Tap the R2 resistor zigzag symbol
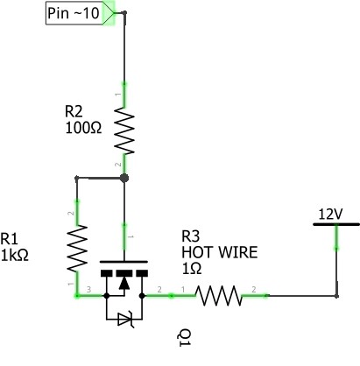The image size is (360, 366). click(x=124, y=130)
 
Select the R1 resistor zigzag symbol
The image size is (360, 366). click(x=77, y=249)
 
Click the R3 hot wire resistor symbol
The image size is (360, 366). click(x=219, y=296)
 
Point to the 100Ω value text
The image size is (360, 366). click(x=83, y=128)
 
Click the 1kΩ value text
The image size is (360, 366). click(x=15, y=255)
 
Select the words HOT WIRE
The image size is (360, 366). click(x=220, y=252)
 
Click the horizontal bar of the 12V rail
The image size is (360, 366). click(x=336, y=224)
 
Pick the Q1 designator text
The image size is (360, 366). click(x=184, y=338)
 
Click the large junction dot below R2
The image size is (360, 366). click(x=124, y=178)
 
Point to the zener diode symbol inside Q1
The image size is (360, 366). click(x=125, y=320)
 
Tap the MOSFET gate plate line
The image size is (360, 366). click(x=124, y=262)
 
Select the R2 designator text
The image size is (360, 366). click(x=74, y=111)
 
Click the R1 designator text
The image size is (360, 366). click(x=9, y=239)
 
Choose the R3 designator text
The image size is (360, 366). click(x=191, y=236)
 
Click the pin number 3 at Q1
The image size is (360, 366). click(x=89, y=289)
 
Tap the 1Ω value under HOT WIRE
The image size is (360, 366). click(x=192, y=268)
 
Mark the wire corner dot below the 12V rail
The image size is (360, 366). click(x=336, y=296)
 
